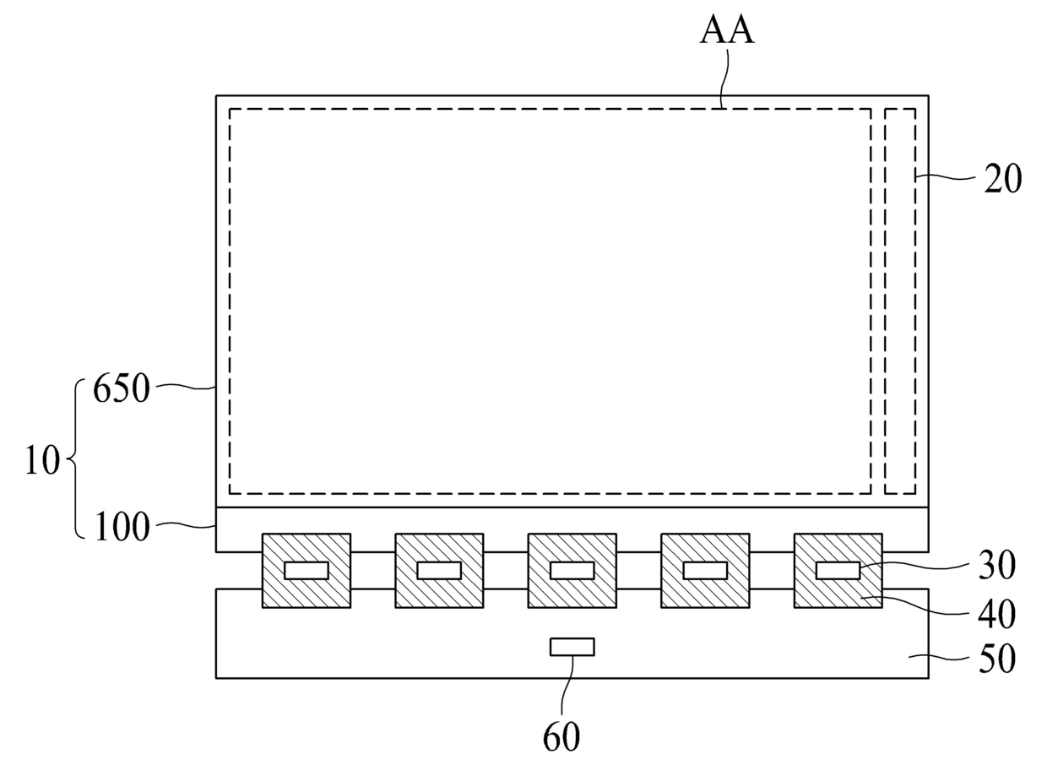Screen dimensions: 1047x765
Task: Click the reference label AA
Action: click(x=726, y=30)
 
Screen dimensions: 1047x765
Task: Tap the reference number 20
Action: click(x=1002, y=178)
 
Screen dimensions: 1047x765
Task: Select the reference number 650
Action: click(x=121, y=388)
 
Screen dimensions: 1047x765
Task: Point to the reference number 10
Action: click(x=42, y=460)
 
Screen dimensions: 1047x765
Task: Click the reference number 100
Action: click(x=122, y=527)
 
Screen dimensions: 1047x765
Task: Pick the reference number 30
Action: click(x=997, y=565)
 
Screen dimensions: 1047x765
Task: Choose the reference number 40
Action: click(x=997, y=614)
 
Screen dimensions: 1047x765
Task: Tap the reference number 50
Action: click(x=997, y=658)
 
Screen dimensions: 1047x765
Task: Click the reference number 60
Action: click(x=561, y=736)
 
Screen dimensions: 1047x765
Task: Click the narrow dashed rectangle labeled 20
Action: click(x=900, y=109)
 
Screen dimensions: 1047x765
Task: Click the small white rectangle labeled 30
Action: click(x=838, y=571)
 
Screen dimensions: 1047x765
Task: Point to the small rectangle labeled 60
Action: click(x=572, y=647)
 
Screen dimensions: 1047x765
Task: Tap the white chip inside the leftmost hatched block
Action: click(x=307, y=571)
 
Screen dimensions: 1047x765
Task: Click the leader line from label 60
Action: click(x=567, y=687)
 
